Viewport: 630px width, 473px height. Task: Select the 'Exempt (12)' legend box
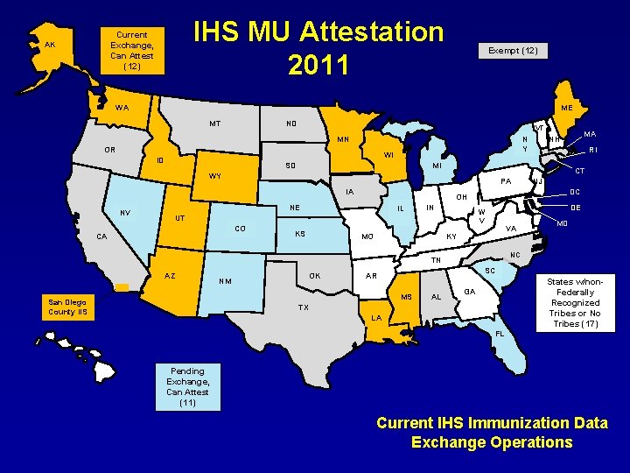[513, 51]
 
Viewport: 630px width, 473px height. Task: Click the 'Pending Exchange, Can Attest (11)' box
[187, 387]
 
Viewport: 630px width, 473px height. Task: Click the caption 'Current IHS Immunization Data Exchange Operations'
[492, 433]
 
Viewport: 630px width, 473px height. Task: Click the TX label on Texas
[303, 307]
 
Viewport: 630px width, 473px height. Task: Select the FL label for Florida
[499, 335]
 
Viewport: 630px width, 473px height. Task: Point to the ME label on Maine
[567, 109]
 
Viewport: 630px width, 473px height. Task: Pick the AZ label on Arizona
[171, 276]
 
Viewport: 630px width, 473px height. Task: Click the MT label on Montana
[214, 124]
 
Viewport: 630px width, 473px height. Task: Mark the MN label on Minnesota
[343, 139]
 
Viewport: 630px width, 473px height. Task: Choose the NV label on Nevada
[125, 213]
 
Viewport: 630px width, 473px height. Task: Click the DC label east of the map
[575, 190]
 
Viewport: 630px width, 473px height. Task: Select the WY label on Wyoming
[214, 176]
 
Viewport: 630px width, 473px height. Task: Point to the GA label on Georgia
[470, 291]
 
